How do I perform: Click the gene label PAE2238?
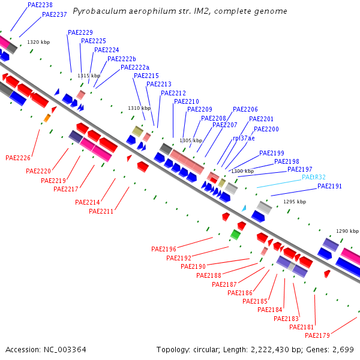[40, 5]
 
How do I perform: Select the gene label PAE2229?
[80, 32]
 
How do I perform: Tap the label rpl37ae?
[244, 138]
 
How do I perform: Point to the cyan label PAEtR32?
[314, 177]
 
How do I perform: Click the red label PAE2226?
[18, 158]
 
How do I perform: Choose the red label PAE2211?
[101, 211]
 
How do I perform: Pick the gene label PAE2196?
[164, 249]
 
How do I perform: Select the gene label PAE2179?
[317, 335]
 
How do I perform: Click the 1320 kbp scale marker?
[38, 43]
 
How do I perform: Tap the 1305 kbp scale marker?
[191, 140]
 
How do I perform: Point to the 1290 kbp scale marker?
[347, 231]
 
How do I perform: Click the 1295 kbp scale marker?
[295, 202]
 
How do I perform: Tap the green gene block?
[235, 234]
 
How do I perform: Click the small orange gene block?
[47, 118]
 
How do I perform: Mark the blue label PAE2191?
[329, 186]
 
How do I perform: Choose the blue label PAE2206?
[245, 110]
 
